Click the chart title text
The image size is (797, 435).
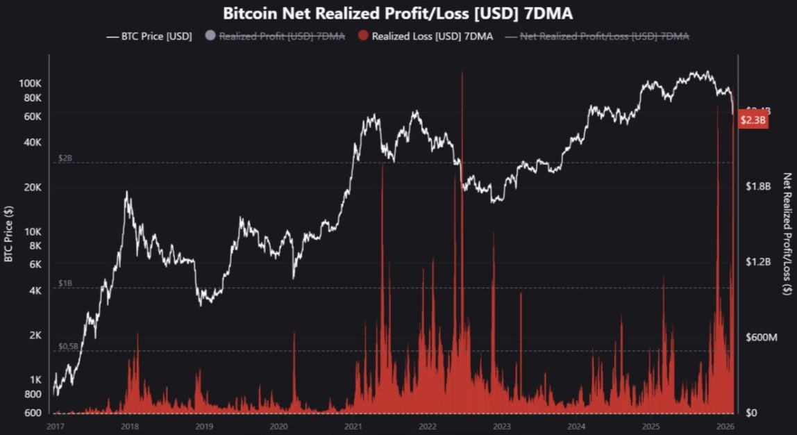coord(398,13)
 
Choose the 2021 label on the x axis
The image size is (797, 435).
coord(353,425)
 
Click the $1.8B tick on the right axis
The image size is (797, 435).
coord(758,186)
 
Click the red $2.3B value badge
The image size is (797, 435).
coord(753,120)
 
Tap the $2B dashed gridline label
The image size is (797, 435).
coord(65,158)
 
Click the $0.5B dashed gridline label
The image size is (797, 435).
coord(68,346)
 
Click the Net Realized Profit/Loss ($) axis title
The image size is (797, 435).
coord(787,234)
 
